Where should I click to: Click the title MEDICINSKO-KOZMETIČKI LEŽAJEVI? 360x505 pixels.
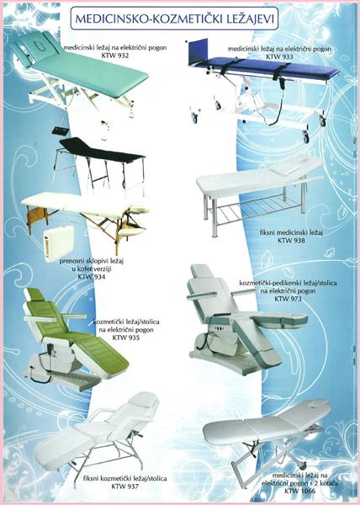[x=174, y=19]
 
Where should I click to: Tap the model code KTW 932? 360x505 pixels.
[x=114, y=56]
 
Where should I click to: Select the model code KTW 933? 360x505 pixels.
[x=279, y=56]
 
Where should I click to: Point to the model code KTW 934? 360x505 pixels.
[x=92, y=276]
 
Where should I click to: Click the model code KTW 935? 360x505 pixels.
[x=126, y=338]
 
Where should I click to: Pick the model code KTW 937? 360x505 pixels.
[x=124, y=486]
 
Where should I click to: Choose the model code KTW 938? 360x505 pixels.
[x=291, y=240]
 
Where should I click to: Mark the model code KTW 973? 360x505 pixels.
[x=288, y=299]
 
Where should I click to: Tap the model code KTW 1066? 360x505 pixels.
[x=299, y=491]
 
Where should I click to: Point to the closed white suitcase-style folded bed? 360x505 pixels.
[x=59, y=242]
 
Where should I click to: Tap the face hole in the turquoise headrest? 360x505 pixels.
[x=39, y=48]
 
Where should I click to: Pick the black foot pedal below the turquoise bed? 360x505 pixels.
[x=61, y=131]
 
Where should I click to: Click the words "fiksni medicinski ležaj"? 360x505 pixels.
[x=291, y=232]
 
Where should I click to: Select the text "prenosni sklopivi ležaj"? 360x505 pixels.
[x=92, y=261]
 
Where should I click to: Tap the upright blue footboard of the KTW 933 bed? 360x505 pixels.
[x=198, y=50]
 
